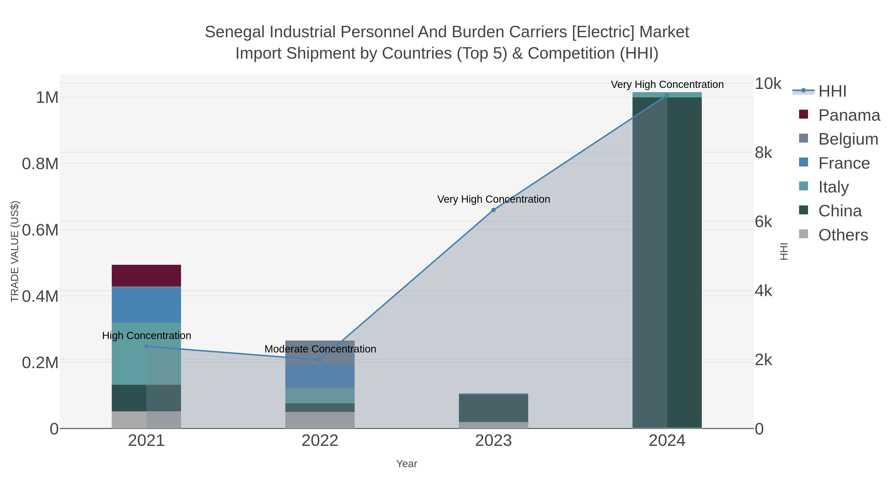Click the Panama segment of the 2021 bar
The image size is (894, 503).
[146, 276]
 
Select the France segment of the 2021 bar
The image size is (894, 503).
[146, 305]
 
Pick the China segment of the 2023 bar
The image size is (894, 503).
[493, 408]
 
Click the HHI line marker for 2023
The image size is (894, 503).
[493, 210]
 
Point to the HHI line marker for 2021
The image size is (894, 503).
[146, 347]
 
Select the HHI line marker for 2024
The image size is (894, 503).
[667, 95]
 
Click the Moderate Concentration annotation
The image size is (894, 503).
[320, 349]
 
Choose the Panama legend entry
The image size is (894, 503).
[849, 115]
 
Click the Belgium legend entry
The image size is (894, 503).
[848, 139]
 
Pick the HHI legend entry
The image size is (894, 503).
[832, 91]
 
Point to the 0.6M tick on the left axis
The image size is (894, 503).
[40, 230]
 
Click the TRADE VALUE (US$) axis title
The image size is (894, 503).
[15, 251]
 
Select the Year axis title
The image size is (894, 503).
[406, 464]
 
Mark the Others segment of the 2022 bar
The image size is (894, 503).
[320, 420]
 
